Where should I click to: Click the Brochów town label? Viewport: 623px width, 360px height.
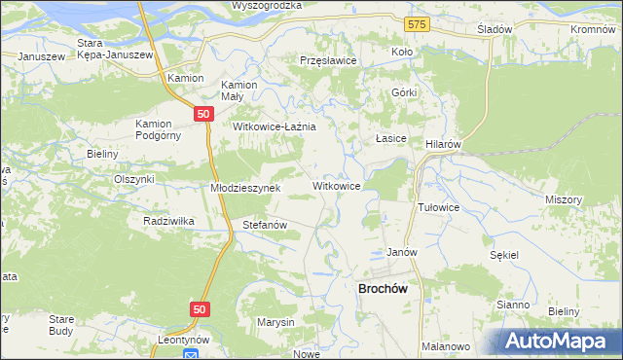388,289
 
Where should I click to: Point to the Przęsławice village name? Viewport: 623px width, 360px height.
329,60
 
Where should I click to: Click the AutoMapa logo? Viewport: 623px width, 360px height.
559,341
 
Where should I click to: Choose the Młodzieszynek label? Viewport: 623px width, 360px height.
245,188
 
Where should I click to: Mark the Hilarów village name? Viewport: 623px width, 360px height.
443,143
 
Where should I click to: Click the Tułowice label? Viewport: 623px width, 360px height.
438,208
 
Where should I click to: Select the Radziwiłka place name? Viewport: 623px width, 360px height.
168,221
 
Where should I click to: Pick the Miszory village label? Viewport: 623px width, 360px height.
564,198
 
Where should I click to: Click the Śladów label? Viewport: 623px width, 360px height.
495,29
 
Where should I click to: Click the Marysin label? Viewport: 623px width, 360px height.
275,322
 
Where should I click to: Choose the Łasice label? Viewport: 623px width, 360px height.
391,139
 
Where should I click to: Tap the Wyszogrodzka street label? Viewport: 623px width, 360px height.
267,6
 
